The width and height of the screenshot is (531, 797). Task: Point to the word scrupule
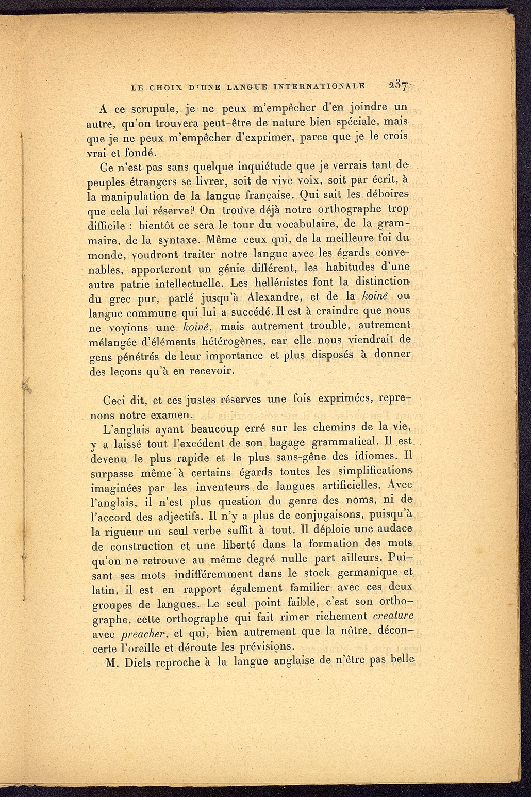(x=150, y=109)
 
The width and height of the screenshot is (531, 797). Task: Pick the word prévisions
(x=272, y=647)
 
